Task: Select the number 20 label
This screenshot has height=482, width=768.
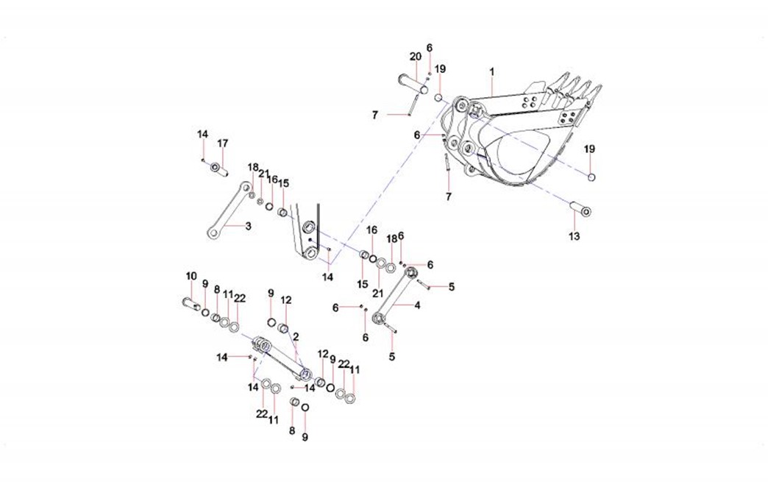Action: pos(416,57)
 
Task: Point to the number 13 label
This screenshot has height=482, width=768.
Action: pos(574,236)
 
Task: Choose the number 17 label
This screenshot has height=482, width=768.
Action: pos(222,143)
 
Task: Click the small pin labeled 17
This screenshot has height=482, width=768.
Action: pos(218,170)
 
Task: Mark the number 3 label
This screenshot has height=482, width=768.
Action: pos(248,226)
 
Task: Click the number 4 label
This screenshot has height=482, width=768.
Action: pos(417,305)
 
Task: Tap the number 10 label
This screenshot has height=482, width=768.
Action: pos(191,276)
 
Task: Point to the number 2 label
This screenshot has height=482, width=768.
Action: pos(296,336)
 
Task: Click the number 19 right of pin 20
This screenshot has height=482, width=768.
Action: pos(440,68)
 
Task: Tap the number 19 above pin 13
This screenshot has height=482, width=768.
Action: pos(589,149)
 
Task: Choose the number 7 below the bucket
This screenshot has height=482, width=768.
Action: pos(449,196)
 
